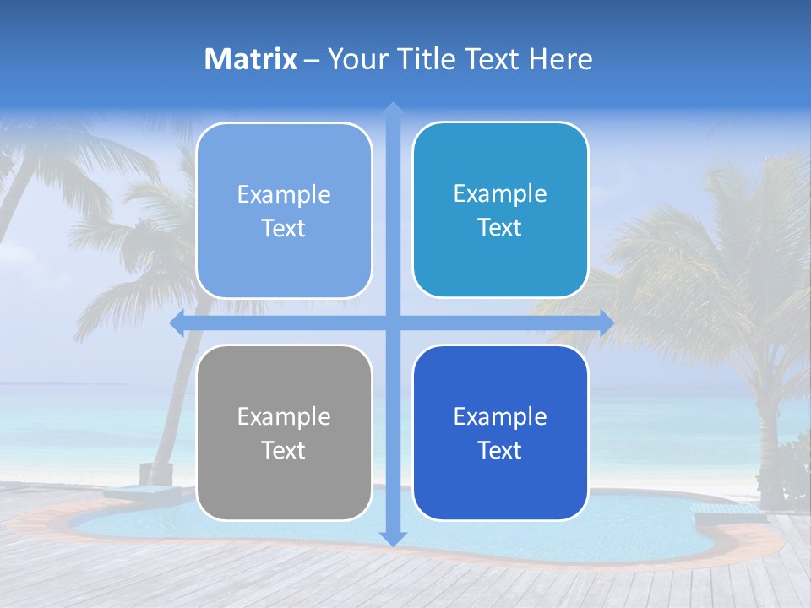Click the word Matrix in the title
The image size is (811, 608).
[251, 59]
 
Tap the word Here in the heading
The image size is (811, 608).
[560, 59]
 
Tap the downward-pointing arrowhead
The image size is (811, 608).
[392, 538]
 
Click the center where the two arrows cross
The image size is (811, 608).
[392, 323]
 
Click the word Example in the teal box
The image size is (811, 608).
[500, 194]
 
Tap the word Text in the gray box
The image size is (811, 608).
[283, 450]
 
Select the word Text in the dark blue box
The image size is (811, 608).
[499, 450]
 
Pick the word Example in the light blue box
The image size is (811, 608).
[284, 195]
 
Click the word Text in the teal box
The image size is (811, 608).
[499, 227]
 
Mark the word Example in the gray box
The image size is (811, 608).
[284, 417]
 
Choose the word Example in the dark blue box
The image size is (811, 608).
[500, 417]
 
